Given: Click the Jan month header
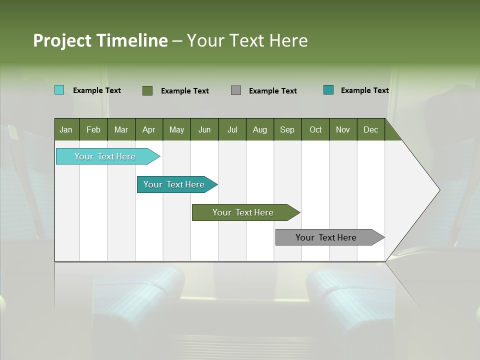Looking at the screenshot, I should [66, 129].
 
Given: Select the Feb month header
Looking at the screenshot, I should [93, 129].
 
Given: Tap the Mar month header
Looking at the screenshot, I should [121, 129].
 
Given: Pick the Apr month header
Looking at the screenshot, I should [149, 129].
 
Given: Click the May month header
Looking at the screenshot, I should [176, 129].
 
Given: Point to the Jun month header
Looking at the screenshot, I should [204, 129].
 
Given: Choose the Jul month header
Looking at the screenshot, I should [232, 129].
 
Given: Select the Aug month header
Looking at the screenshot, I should [260, 129].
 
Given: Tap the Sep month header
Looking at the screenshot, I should [287, 129].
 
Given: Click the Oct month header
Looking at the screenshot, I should [315, 129].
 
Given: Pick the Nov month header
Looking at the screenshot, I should [343, 129].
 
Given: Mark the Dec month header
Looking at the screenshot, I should [371, 129].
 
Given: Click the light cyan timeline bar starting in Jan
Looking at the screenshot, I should [105, 156].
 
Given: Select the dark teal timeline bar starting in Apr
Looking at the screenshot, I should [174, 184].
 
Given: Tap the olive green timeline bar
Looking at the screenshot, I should [243, 212].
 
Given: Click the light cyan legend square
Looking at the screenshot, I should [59, 90].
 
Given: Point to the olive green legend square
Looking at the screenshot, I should [147, 90].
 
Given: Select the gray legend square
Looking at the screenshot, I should [236, 90].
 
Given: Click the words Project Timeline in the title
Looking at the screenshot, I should [100, 40].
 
